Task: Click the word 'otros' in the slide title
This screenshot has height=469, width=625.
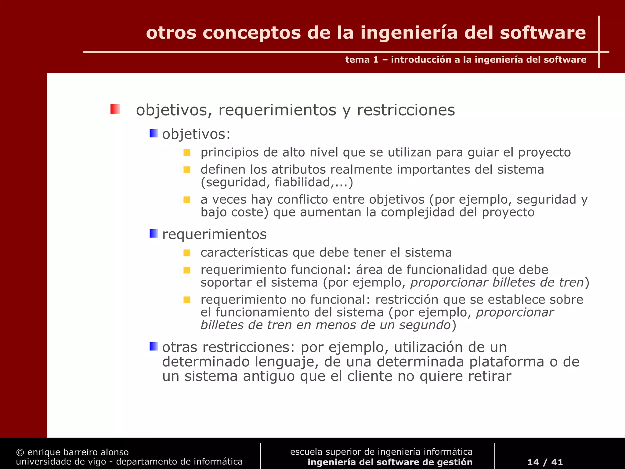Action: point(171,33)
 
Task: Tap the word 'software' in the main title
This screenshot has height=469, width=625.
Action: point(543,33)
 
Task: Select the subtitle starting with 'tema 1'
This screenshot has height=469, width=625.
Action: point(466,60)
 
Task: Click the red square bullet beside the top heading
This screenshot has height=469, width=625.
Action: point(115,109)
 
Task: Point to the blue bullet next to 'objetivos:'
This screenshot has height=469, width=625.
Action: point(154,133)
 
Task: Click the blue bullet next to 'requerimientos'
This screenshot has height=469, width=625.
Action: point(154,234)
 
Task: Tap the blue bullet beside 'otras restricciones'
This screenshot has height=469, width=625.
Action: point(154,347)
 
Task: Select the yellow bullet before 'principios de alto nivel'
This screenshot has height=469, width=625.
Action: point(187,153)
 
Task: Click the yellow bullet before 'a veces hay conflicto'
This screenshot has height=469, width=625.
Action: point(187,200)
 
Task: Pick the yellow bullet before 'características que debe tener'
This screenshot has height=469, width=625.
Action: point(187,253)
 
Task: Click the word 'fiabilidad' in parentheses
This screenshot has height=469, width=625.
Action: point(302,182)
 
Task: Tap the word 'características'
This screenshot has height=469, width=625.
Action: point(244,253)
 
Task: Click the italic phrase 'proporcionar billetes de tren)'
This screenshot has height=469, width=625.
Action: point(497,282)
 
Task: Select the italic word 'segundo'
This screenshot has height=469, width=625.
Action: point(425,325)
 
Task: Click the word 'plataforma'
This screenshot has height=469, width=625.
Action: point(507,362)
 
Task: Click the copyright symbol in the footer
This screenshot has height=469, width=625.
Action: point(20,452)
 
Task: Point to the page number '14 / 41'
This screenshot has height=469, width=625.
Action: point(545,462)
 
